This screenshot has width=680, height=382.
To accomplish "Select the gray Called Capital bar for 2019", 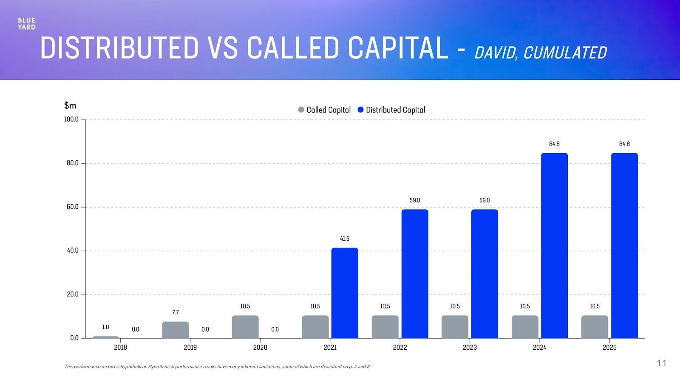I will click(175, 330).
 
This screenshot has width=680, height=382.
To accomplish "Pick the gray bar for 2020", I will click(245, 327).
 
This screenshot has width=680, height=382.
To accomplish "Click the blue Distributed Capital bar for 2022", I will click(415, 274).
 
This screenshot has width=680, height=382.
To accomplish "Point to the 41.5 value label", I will click(345, 239).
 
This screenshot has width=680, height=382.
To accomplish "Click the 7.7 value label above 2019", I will click(175, 312).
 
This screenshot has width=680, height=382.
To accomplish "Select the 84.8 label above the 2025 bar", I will click(624, 144).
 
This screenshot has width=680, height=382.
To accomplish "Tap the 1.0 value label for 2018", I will click(105, 327).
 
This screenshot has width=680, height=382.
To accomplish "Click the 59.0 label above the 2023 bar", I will click(484, 200).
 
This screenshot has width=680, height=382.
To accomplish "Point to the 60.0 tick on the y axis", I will click(72, 207).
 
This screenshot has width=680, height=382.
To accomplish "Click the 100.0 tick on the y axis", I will click(71, 119).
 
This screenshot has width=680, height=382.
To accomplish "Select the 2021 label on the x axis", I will click(330, 348).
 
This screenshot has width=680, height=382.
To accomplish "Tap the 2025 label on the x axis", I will click(609, 348).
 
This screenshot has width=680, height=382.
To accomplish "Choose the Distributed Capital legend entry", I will click(391, 110).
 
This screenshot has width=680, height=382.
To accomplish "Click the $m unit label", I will click(70, 105).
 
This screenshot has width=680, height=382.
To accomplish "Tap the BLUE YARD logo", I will click(26, 24).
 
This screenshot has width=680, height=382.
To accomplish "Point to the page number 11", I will click(661, 363).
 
